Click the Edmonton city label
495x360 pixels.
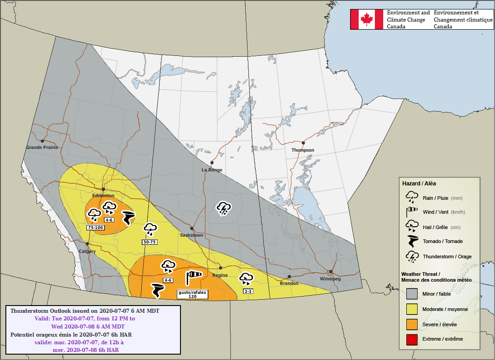pyautogui.click(x=103, y=196)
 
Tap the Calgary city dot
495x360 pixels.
pyautogui.click(x=88, y=243)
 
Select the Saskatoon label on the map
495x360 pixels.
pyautogui.click(x=191, y=235)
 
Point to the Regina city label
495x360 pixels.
pyautogui.click(x=220, y=275)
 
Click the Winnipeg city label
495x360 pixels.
pyautogui.click(x=330, y=279)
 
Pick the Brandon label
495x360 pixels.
pyautogui.click(x=289, y=283)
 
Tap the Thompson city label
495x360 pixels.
pyautogui.click(x=303, y=150)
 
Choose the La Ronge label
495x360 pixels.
pyautogui.click(x=211, y=170)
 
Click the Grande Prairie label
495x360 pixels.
pyautogui.click(x=42, y=148)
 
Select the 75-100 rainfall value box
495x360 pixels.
pyautogui.click(x=95, y=228)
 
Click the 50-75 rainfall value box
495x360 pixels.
pyautogui.click(x=150, y=242)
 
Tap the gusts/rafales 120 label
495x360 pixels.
pyautogui.click(x=192, y=294)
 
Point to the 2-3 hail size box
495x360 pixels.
pyautogui.click(x=248, y=291)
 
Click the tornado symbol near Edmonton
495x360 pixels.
pyautogui.click(x=127, y=217)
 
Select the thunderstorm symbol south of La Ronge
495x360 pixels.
pyautogui.click(x=224, y=208)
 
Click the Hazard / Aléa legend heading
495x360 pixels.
pyautogui.click(x=418, y=184)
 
